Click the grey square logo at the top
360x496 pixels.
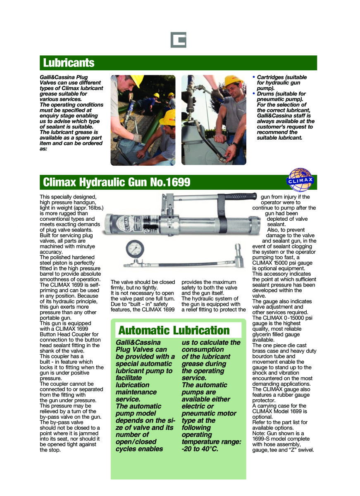179,40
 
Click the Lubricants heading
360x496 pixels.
69,63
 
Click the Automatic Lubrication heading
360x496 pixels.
174,330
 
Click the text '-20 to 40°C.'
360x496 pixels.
200,449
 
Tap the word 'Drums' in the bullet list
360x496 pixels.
266,94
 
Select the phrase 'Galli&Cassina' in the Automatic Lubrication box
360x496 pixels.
138,342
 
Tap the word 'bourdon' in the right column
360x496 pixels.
263,356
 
